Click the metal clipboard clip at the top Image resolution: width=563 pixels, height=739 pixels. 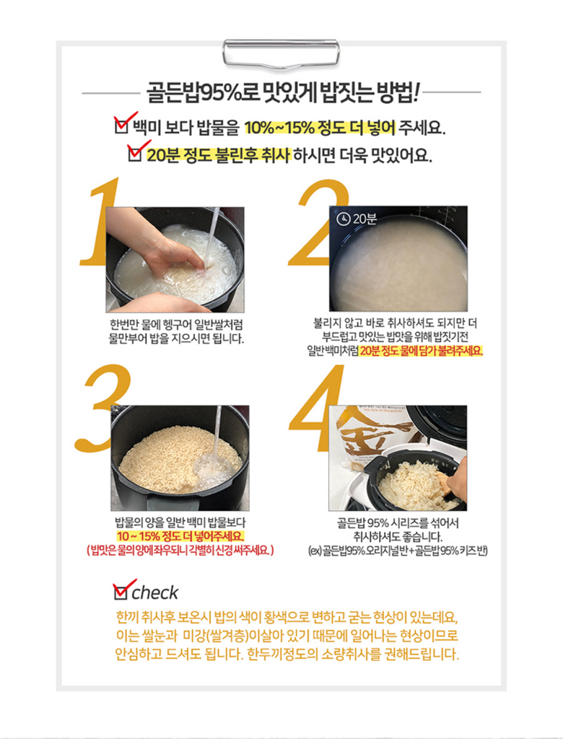(281, 53)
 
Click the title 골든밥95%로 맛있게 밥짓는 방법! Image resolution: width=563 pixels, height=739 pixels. (281, 93)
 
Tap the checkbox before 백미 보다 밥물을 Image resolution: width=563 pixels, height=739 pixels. (122, 126)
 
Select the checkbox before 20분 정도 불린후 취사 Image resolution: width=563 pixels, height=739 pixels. (135, 154)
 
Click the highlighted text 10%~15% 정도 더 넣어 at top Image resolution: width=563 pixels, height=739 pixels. (320, 127)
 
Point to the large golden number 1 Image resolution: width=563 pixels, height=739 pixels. (99, 222)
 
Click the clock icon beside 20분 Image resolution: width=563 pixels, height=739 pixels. (343, 219)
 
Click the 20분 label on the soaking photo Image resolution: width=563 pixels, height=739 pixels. (365, 219)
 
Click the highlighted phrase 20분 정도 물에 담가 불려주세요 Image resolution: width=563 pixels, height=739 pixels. (422, 351)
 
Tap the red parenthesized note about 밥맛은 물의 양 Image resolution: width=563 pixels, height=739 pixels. (180, 550)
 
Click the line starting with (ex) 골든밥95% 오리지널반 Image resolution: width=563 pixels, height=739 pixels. (398, 551)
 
